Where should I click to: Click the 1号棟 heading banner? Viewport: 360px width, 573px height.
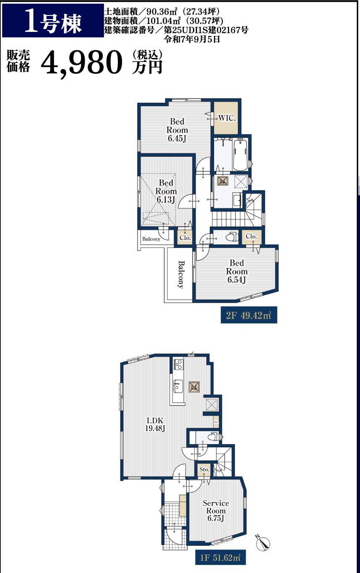click(x=53, y=21)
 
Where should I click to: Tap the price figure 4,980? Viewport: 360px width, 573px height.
click(x=82, y=63)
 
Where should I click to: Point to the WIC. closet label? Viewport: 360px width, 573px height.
click(x=227, y=118)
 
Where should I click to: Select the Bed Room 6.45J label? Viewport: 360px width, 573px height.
click(x=177, y=130)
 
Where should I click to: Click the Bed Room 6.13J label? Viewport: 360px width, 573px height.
click(x=166, y=191)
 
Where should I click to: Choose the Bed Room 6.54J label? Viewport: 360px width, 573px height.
click(x=237, y=271)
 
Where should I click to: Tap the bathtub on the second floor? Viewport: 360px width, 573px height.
click(x=240, y=154)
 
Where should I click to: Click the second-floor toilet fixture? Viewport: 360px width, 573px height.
click(x=231, y=237)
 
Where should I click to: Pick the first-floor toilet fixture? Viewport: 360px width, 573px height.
click(x=212, y=436)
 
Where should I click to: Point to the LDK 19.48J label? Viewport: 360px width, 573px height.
click(x=155, y=425)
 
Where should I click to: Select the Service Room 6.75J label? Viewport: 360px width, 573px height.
click(x=216, y=510)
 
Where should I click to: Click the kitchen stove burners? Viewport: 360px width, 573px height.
click(x=178, y=364)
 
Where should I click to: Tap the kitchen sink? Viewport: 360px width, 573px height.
click(x=178, y=386)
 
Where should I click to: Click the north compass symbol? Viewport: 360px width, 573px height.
click(x=263, y=542)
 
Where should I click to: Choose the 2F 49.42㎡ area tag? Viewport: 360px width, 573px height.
click(x=249, y=315)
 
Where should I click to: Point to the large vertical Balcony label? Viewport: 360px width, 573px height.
click(x=181, y=274)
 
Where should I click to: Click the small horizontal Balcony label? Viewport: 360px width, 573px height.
click(x=151, y=239)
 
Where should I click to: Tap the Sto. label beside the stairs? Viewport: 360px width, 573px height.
click(x=204, y=469)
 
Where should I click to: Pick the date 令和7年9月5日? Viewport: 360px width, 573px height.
click(x=193, y=39)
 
